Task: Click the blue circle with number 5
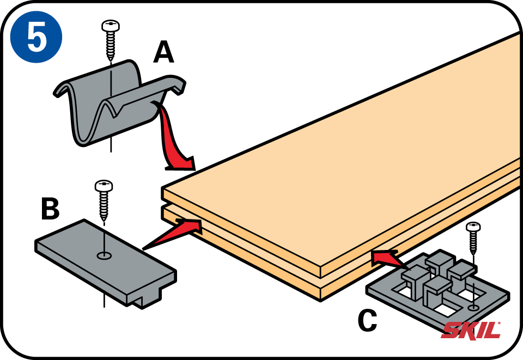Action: [36, 36]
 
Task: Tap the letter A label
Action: [163, 53]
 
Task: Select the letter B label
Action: [50, 209]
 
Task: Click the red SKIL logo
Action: [471, 330]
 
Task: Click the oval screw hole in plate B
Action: [104, 255]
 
